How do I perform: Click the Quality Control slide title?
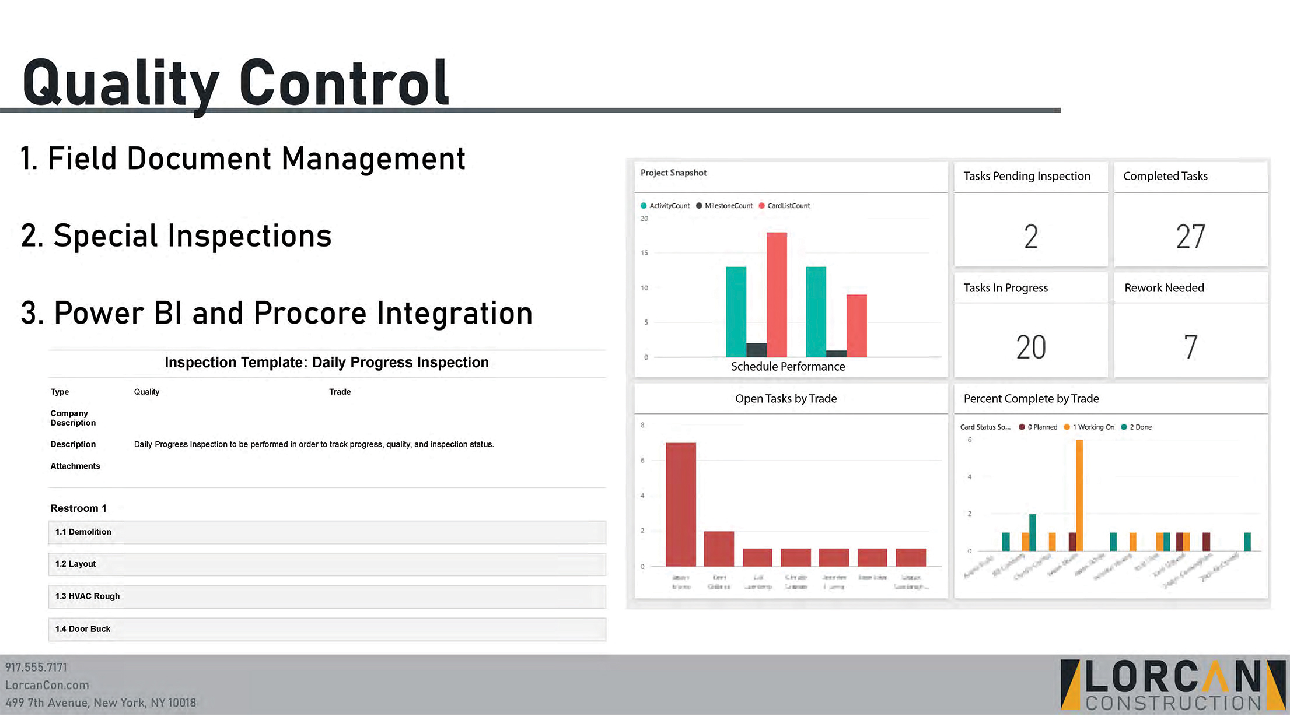[236, 83]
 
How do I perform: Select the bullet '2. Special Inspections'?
[176, 236]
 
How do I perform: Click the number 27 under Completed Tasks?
[1190, 237]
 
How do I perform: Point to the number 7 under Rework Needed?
[1190, 347]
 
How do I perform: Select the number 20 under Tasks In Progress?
[1031, 347]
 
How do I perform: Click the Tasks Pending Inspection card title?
[1026, 176]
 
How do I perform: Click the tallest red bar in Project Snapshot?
[777, 294]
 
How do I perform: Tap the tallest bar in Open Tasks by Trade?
[681, 504]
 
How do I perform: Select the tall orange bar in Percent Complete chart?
[1079, 496]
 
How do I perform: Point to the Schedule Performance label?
[788, 367]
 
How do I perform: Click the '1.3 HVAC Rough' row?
[327, 596]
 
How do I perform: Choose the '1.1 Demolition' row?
[327, 532]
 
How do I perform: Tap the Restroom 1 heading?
[78, 508]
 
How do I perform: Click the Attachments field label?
[75, 466]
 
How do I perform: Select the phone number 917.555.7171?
[36, 668]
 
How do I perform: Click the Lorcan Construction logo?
[1173, 685]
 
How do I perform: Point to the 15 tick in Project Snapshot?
[644, 253]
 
